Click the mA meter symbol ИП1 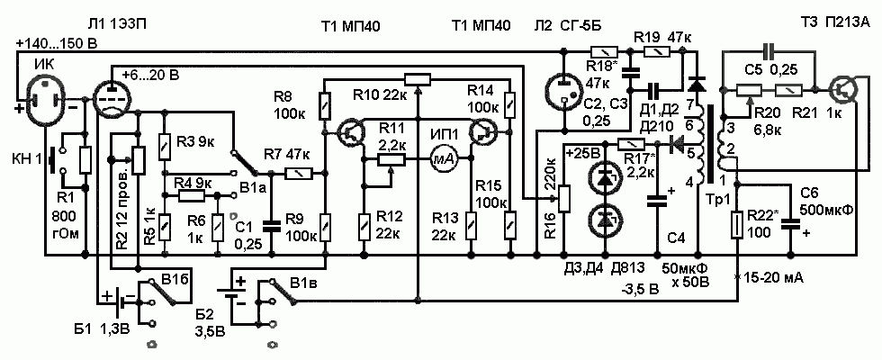point(443,159)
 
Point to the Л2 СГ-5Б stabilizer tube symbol point(563,93)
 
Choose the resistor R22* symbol point(738,224)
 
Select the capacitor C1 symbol point(271,225)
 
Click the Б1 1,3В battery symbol point(120,299)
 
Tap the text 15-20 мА point(772,278)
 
